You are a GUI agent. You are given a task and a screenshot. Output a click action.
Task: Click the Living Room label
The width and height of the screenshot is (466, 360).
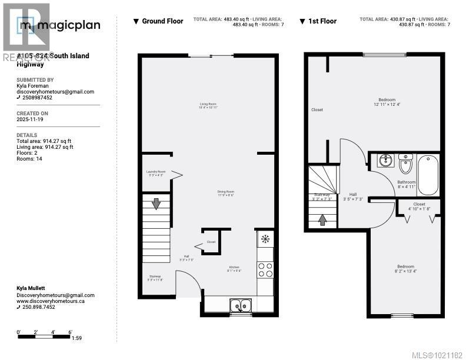pyautogui.click(x=208, y=106)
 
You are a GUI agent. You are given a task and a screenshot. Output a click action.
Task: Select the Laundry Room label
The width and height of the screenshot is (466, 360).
pyautogui.click(x=156, y=174)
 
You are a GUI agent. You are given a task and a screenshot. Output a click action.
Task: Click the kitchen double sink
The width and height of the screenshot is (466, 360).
pyautogui.click(x=240, y=305)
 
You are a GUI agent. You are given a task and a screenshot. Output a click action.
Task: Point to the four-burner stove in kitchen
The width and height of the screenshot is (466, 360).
pyautogui.click(x=265, y=269)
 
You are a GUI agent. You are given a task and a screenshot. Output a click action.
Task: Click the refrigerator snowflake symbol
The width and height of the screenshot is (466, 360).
pyautogui.click(x=265, y=239)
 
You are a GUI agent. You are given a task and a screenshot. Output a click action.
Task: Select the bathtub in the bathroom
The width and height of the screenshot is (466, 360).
pyautogui.click(x=427, y=174)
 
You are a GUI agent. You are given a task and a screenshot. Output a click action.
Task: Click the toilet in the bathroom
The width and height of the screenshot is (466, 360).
pyautogui.click(x=406, y=161)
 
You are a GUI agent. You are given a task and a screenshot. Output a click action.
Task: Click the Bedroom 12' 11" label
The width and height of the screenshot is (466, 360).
pyautogui.click(x=387, y=102)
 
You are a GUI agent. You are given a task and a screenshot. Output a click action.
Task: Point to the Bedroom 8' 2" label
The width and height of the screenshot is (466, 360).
pyautogui.click(x=405, y=269)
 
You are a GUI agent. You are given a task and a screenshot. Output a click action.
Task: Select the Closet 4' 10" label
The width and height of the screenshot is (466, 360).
pyautogui.click(x=419, y=206)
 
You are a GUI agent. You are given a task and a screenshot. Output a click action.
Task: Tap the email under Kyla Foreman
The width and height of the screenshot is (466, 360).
pyautogui.click(x=55, y=92)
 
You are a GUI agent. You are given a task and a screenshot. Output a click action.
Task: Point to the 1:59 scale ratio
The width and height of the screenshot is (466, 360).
pyautogui.click(x=76, y=338)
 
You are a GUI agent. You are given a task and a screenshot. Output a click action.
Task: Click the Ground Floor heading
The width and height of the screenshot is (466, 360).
pyautogui.click(x=162, y=21)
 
